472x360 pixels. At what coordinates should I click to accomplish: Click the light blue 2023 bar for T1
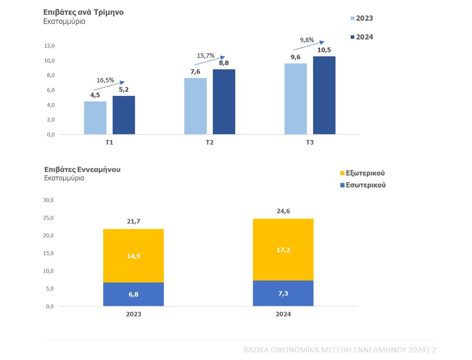95,118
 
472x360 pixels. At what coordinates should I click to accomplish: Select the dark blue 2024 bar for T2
224,102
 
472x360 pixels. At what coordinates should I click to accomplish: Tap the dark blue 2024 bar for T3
324,95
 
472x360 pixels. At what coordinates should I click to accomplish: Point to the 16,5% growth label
105,80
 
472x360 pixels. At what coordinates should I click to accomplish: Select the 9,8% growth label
307,40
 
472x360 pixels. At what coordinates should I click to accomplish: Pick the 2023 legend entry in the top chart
362,18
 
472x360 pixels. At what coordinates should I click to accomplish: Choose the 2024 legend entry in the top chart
362,37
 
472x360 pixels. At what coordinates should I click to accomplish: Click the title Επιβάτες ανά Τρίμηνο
84,12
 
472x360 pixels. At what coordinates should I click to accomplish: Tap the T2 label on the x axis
210,142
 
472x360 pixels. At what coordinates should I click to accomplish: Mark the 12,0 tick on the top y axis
49,46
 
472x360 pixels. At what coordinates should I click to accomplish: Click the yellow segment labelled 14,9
134,256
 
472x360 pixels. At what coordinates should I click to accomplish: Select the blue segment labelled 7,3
284,293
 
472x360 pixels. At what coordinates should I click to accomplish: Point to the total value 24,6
284,211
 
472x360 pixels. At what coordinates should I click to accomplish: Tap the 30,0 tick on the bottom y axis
49,200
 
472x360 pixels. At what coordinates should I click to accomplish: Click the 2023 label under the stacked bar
134,314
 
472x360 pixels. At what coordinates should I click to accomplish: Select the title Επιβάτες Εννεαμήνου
82,169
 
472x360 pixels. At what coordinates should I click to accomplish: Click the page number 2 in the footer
434,350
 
